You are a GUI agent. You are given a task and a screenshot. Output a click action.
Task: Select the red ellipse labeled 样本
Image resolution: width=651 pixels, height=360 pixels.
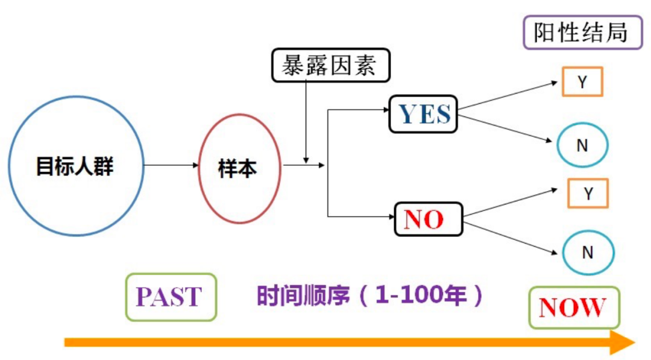point(200,168)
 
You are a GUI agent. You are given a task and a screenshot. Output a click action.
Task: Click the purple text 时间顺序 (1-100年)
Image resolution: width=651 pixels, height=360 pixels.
point(370,295)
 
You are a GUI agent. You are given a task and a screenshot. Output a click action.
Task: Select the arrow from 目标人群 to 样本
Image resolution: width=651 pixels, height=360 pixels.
point(171,165)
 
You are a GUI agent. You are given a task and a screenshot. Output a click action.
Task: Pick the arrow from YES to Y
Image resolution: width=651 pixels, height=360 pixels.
point(508,95)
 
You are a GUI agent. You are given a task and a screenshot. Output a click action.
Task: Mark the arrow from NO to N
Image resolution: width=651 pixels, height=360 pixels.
point(511,238)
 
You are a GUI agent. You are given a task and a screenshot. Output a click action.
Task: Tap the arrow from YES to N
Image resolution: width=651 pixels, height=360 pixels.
point(505,128)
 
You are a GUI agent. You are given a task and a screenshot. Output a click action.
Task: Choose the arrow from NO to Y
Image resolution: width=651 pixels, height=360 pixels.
point(511,203)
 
